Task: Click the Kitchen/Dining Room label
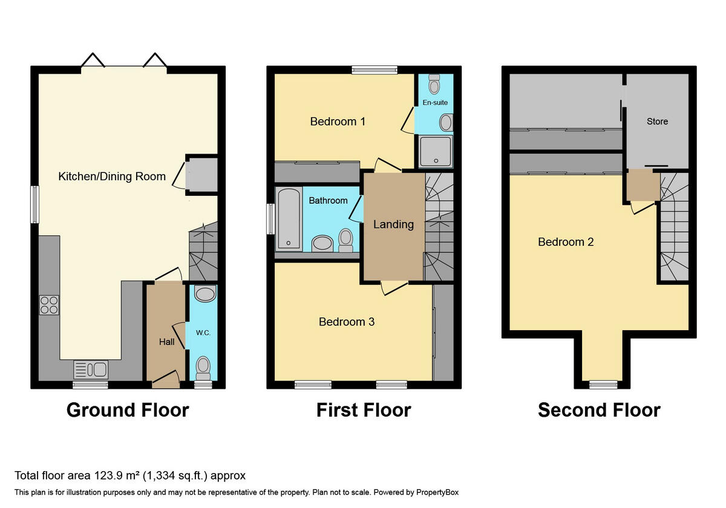pyautogui.click(x=112, y=177)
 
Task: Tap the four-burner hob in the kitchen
pyautogui.click(x=49, y=304)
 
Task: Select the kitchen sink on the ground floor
pyautogui.click(x=91, y=369)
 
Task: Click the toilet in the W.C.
pyautogui.click(x=203, y=366)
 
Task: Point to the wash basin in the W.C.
pyautogui.click(x=206, y=295)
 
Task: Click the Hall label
pyautogui.click(x=166, y=342)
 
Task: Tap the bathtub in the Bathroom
pyautogui.click(x=288, y=218)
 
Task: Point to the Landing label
pyautogui.click(x=393, y=224)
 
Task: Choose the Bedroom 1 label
pyautogui.click(x=338, y=122)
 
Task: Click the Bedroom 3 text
pyautogui.click(x=347, y=322)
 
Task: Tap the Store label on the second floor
pyautogui.click(x=657, y=121)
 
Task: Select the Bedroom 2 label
pyautogui.click(x=566, y=242)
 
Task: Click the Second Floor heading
pyautogui.click(x=599, y=410)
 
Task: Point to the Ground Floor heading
pyautogui.click(x=128, y=410)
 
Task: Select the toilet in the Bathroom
pyautogui.click(x=346, y=240)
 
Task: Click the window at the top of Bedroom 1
pyautogui.click(x=375, y=70)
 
